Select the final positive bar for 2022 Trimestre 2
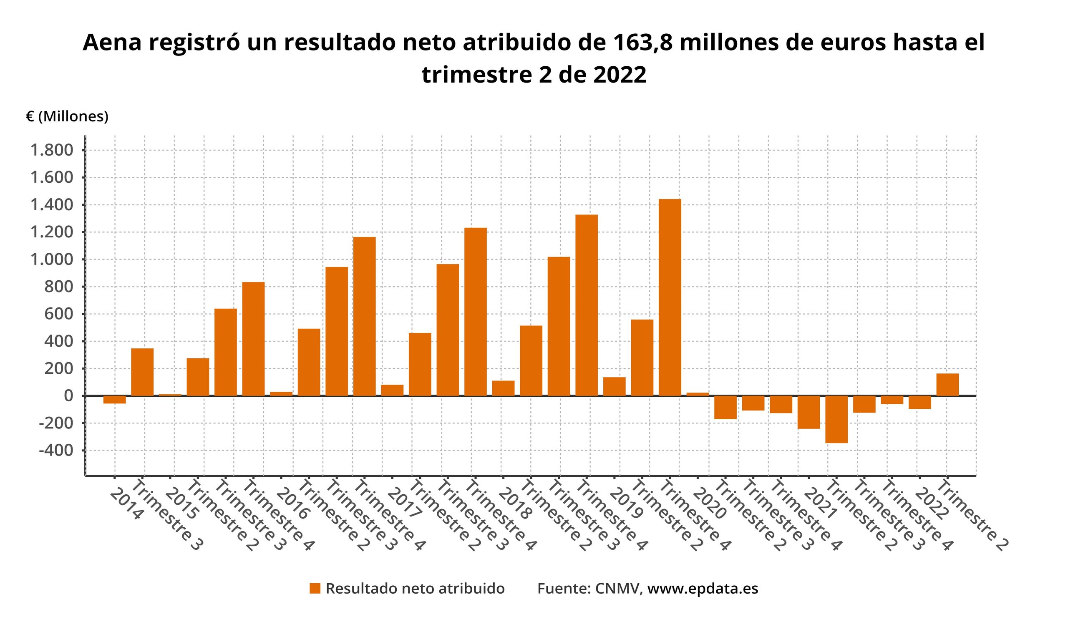click(947, 385)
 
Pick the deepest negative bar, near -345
click(836, 419)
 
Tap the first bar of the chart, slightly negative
click(114, 400)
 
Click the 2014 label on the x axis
click(126, 505)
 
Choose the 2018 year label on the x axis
click(514, 505)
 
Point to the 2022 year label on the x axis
click(931, 505)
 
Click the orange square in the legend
click(315, 589)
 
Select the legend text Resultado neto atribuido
click(415, 589)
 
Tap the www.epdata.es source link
click(703, 589)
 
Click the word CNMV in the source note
click(617, 589)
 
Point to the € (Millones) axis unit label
click(68, 116)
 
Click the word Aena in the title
click(111, 43)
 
